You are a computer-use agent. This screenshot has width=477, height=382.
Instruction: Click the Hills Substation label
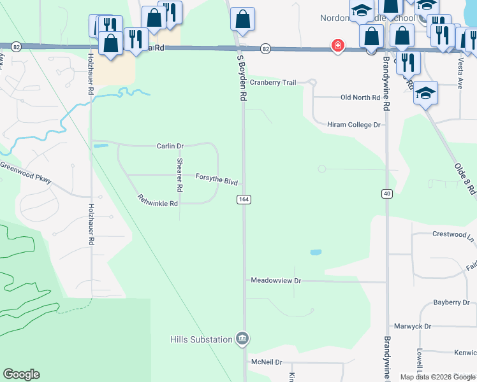pos(201,339)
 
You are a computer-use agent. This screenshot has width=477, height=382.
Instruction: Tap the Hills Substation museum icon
pos(242,338)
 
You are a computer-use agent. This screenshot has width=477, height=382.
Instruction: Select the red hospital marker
pos(337,46)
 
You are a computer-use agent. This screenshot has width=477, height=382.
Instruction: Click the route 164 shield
pos(243,200)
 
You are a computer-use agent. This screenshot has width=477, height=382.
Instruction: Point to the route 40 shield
pos(386,194)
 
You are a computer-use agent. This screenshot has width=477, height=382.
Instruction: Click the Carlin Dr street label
pos(170,146)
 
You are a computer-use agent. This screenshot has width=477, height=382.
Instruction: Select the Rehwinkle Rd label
pos(157,199)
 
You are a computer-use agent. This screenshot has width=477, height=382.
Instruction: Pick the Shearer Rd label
pos(180,175)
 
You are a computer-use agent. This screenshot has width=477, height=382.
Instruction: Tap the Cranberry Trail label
pos(273,83)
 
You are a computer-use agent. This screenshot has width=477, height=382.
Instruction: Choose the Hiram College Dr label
pos(353,125)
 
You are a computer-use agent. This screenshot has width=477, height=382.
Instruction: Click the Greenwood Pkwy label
pos(26,173)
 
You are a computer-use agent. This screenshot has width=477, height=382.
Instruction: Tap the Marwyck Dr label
pos(413,327)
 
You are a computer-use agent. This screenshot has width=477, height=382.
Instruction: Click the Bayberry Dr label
pos(451,302)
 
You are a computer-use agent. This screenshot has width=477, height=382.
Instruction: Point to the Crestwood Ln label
pos(453,234)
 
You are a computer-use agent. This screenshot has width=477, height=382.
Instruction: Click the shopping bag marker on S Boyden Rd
pos(242,19)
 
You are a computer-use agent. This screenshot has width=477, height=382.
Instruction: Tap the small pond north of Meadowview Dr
pos(316,253)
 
